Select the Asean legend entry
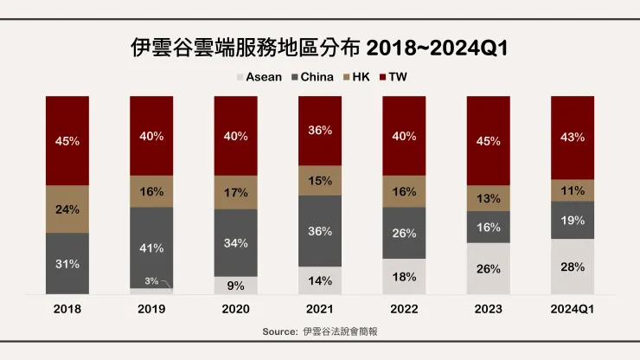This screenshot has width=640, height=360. pyautogui.click(x=259, y=77)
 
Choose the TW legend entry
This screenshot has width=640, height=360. pyautogui.click(x=397, y=77)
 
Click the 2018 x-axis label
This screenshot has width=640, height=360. pyautogui.click(x=67, y=310)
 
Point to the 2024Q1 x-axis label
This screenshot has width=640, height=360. pyautogui.click(x=572, y=310)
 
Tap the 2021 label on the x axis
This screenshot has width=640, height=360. pyautogui.click(x=319, y=310)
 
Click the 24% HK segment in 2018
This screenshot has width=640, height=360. pyautogui.click(x=67, y=209)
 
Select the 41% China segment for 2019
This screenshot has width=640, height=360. pyautogui.click(x=151, y=248)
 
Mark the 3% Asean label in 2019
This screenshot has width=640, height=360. pyautogui.click(x=151, y=281)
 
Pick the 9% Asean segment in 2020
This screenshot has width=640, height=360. pyautogui.click(x=235, y=285)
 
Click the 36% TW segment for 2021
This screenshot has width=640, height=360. pyautogui.click(x=319, y=131)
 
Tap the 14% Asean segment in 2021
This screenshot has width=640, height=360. pyautogui.click(x=319, y=280)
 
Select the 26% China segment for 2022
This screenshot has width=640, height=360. pyautogui.click(x=403, y=233)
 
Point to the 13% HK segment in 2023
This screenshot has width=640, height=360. pyautogui.click(x=488, y=199)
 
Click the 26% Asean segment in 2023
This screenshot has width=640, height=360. pyautogui.click(x=488, y=269)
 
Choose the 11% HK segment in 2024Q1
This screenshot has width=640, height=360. pyautogui.click(x=572, y=190)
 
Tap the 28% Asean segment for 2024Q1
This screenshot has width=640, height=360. pyautogui.click(x=572, y=267)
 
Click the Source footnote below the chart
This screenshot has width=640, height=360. pyautogui.click(x=319, y=331)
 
